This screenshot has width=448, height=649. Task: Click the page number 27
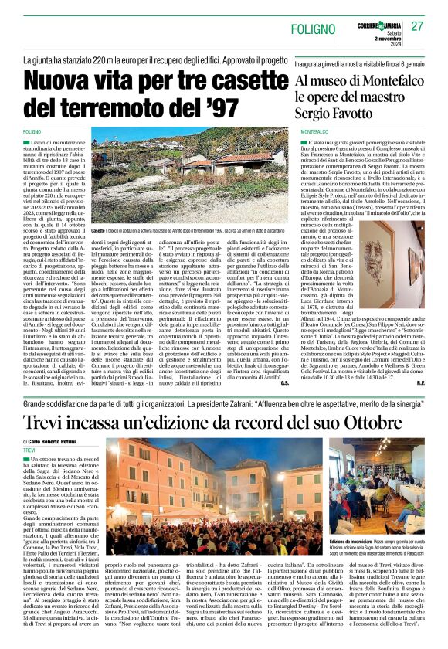[x=417, y=25]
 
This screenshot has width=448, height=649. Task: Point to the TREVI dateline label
[x=29, y=450]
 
